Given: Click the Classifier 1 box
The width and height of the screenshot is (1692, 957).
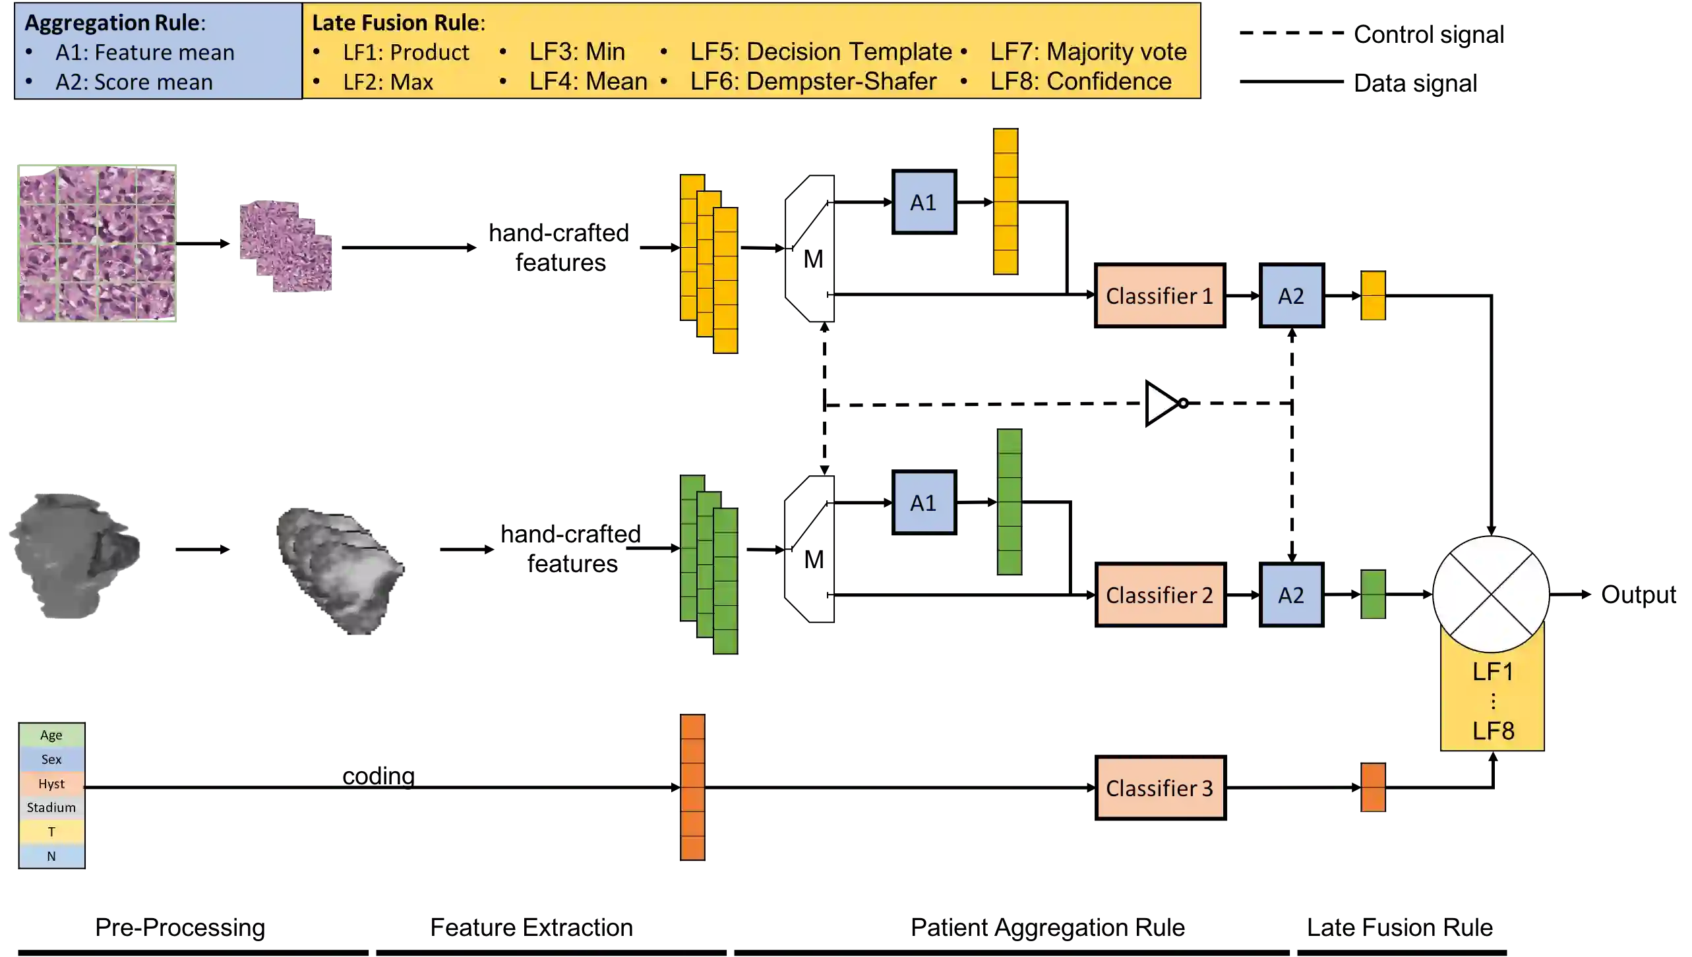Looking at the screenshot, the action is (1159, 295).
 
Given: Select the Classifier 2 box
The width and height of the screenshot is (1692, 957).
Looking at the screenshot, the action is (1160, 594).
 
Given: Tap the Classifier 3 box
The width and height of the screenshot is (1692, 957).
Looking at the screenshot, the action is (1160, 788).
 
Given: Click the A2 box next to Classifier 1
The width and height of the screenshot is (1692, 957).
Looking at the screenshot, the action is (1291, 295).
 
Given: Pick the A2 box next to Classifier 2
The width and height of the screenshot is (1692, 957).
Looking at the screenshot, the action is (1291, 594).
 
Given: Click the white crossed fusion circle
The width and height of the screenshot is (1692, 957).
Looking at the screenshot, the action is (1491, 594).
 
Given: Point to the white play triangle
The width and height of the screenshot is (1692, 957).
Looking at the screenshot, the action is (1161, 403).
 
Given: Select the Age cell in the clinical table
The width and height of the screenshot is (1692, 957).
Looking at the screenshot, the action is (51, 735).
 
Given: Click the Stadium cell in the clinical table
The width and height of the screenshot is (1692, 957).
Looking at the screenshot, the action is (51, 807).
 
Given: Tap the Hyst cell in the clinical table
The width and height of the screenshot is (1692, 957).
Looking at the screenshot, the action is (51, 784).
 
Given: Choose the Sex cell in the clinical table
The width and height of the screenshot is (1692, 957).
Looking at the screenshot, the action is (51, 759).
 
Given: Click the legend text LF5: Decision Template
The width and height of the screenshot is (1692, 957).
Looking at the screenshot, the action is (820, 51).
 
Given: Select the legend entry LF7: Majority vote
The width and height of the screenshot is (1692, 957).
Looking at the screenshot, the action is (1088, 51).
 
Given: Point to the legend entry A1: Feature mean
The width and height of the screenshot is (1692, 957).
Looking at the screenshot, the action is (144, 52).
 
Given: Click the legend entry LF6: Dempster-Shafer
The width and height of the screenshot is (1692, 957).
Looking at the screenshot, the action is (813, 81).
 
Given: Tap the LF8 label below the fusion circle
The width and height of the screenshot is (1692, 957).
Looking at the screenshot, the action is (1493, 730).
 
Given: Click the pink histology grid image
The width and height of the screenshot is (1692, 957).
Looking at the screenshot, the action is (98, 245).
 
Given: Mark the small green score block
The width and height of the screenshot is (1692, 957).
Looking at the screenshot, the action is (1374, 594).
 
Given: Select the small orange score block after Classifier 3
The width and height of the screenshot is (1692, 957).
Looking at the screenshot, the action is (1374, 788).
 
